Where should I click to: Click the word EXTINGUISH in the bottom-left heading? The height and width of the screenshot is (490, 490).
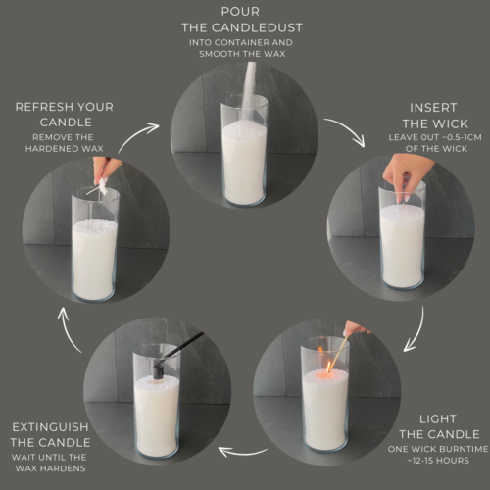click(51, 428)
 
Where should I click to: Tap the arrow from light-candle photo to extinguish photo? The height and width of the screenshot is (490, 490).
click(239, 451)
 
